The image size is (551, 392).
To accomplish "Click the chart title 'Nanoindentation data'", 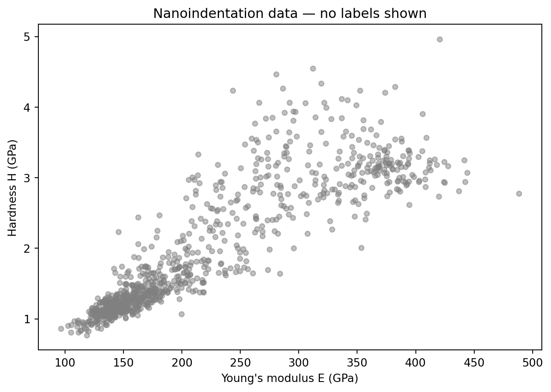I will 290,14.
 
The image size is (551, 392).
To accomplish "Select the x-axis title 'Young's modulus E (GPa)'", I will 290,378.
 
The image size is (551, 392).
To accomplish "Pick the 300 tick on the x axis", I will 299,361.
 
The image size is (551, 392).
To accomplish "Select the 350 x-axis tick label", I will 357,361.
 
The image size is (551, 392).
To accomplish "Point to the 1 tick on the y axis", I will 30,319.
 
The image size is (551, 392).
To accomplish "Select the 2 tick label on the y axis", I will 30,249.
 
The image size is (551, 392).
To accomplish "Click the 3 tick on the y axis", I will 30,178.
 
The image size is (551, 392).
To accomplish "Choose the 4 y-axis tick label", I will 30,108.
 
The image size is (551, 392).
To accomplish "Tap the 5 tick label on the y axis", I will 30,37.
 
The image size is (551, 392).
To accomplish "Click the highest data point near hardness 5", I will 440,39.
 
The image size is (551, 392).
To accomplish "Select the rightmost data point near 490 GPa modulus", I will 519,193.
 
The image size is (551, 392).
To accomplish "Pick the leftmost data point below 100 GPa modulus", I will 61,329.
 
